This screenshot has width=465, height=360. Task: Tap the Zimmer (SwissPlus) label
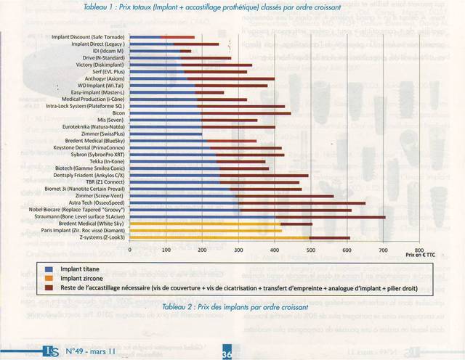point(102,134)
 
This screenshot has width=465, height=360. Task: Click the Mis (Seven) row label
point(111,120)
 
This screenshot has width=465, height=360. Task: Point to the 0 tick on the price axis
point(129,249)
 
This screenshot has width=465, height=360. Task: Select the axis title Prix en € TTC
point(420,255)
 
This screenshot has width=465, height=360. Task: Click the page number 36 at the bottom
point(227,351)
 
